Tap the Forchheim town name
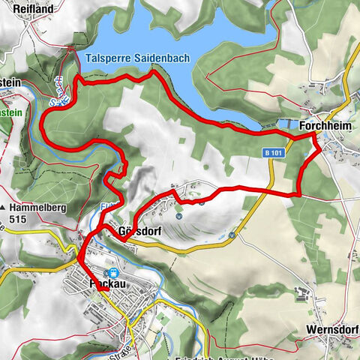pyautogui.click(x=324, y=127)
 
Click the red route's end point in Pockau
pyautogui.click(x=78, y=259)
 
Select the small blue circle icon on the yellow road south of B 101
pyautogui.click(x=232, y=235)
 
